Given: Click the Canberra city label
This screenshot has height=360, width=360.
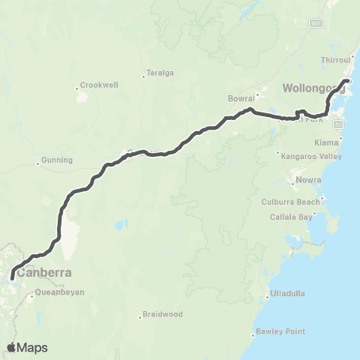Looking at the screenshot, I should [46, 272].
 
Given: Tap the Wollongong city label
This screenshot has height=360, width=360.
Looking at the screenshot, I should [312, 88].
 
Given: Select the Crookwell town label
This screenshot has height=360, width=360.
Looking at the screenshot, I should [96, 85].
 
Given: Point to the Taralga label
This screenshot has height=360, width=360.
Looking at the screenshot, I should [160, 73].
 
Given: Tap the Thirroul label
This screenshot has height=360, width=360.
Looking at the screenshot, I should [336, 59].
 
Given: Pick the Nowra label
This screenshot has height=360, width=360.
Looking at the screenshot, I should [309, 180].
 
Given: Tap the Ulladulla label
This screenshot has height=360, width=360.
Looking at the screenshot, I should [289, 293].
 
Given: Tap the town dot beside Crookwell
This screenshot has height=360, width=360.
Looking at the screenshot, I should [76, 88].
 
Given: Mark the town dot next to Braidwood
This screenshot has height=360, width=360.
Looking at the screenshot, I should [140, 316].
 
